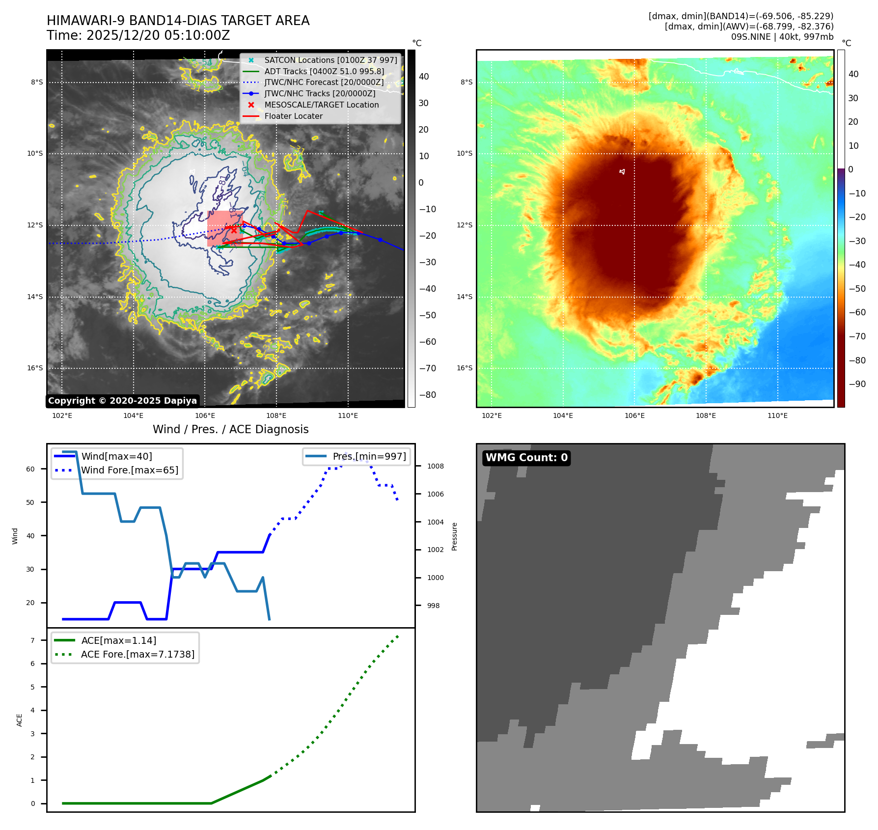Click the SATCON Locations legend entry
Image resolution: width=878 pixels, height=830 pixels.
point(330,60)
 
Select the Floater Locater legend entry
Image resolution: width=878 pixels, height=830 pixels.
point(293,116)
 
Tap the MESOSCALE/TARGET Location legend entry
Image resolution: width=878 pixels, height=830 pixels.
point(321,105)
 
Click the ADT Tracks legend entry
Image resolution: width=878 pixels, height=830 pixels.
point(324,71)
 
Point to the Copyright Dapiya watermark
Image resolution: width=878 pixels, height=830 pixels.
point(122,401)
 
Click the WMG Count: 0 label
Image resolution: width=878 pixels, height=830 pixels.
point(526,458)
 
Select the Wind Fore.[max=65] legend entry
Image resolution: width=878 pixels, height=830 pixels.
point(130,470)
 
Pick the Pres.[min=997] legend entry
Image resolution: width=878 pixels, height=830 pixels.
point(369,456)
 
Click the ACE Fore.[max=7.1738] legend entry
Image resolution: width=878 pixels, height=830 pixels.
point(137,654)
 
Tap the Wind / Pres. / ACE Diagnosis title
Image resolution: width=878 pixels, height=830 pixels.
point(230,429)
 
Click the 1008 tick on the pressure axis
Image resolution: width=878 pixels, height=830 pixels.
point(435,466)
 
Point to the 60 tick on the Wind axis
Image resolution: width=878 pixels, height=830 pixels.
point(30,469)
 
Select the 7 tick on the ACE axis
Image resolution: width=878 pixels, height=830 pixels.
point(32,640)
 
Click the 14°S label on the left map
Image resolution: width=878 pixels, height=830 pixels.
point(35,297)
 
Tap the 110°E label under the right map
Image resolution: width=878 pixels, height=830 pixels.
point(777,415)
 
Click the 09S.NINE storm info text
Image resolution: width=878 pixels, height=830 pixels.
point(782,37)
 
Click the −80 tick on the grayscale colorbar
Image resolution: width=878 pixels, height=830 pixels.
point(427,395)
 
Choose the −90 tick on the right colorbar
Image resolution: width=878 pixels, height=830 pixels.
point(857,384)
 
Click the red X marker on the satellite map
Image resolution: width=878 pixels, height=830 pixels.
point(234,230)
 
